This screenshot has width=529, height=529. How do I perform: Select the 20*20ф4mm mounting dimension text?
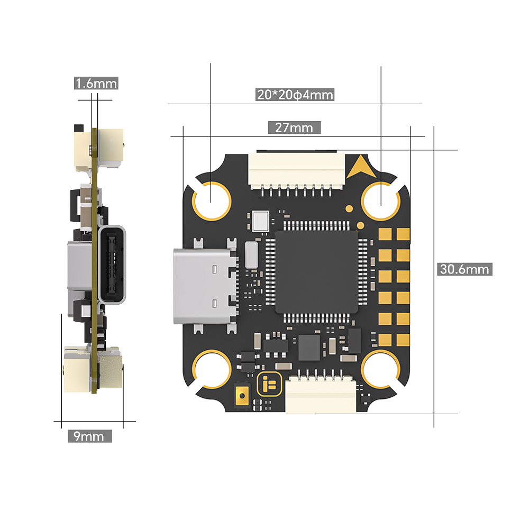coord(295,95)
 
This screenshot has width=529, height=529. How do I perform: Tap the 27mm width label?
coord(294,127)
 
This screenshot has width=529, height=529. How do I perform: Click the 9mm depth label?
coord(89,436)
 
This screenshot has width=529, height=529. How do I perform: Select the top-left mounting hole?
coord(211,200)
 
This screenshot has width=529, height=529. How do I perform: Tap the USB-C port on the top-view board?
coord(204,286)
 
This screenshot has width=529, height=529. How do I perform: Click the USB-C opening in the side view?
coord(112,264)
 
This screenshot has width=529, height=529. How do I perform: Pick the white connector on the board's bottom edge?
coord(321,394)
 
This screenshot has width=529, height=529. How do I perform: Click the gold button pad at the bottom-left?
coord(242,395)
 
